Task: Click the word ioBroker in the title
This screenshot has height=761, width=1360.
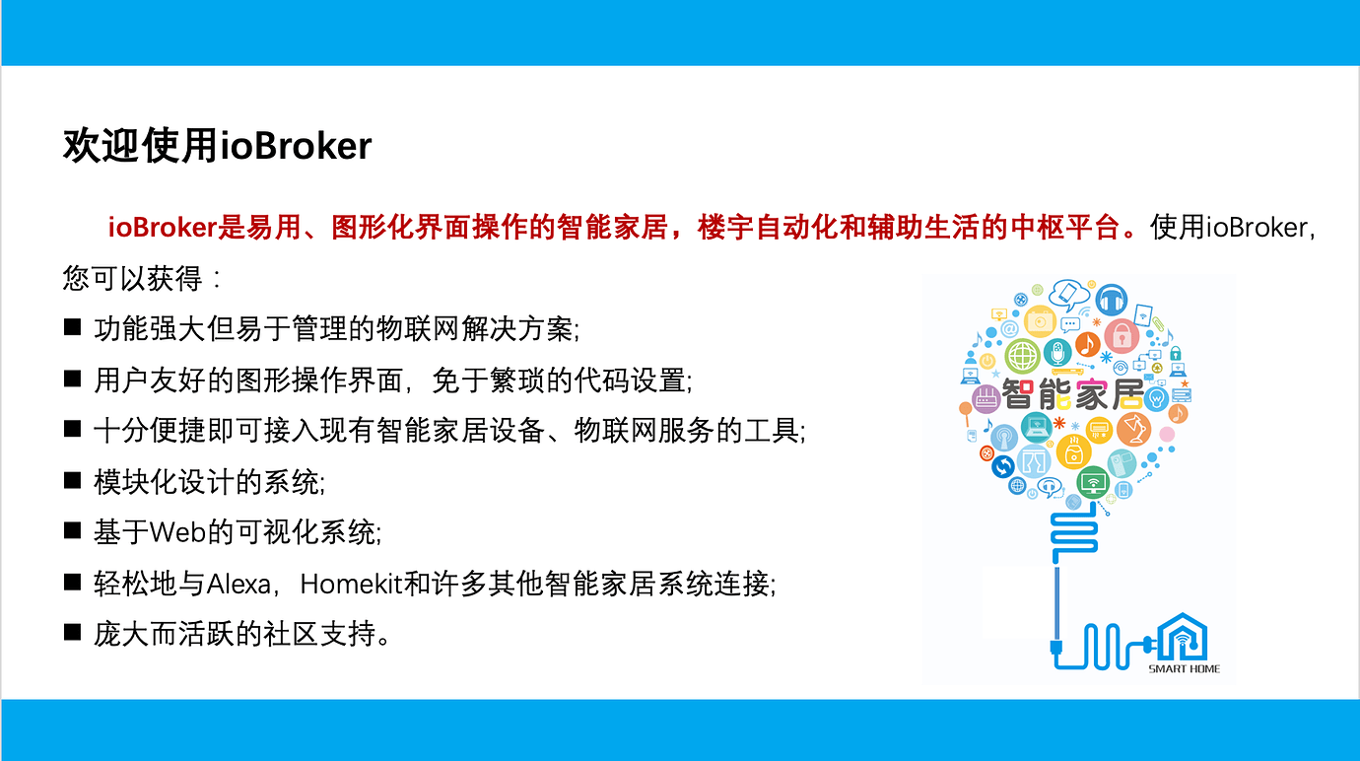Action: pos(296,146)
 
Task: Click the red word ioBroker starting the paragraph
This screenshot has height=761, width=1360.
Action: pos(162,228)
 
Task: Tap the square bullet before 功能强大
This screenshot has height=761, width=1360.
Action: pos(72,326)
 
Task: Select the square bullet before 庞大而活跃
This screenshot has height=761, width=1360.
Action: pos(72,633)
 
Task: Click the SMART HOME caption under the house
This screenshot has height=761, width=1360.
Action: pos(1184,668)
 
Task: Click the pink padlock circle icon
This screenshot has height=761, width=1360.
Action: pos(1121,334)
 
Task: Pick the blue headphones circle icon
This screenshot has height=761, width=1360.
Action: pos(1112,300)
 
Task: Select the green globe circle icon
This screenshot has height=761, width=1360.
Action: pos(1023,355)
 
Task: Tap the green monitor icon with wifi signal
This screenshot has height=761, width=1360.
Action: pos(1093,482)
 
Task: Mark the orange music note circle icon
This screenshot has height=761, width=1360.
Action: pos(1087,344)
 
